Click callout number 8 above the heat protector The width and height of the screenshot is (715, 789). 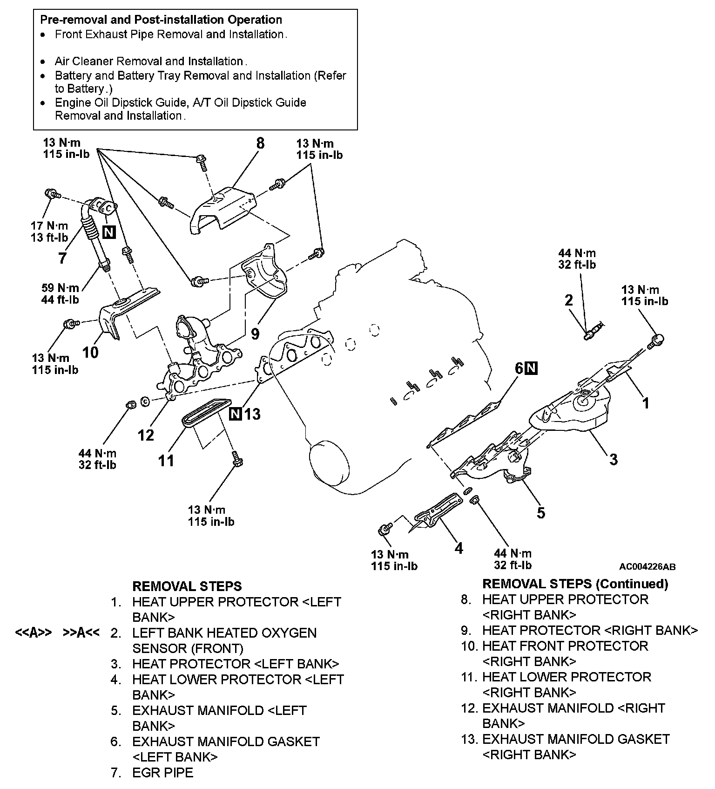click(x=260, y=143)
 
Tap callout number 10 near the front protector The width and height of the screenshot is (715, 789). click(x=90, y=352)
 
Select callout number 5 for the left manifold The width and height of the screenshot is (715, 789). click(x=540, y=512)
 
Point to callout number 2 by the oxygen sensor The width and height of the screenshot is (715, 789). click(x=568, y=300)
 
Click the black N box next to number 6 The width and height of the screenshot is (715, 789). click(x=531, y=368)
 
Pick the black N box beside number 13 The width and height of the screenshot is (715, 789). click(x=236, y=414)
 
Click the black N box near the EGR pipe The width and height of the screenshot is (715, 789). click(x=108, y=232)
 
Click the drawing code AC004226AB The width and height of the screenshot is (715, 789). click(x=647, y=567)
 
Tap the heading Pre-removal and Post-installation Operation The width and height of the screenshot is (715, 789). click(x=161, y=20)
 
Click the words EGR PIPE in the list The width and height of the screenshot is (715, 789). click(x=162, y=773)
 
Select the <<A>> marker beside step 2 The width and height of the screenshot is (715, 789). click(x=33, y=633)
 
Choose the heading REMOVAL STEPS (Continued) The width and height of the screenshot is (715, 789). click(x=575, y=584)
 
